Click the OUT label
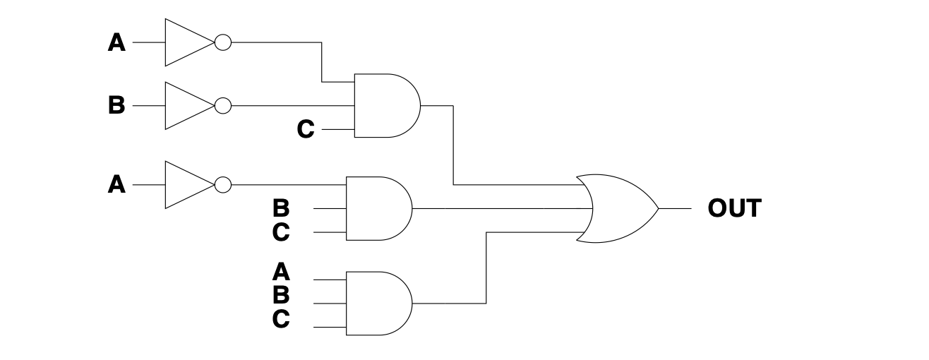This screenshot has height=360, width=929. point(734,209)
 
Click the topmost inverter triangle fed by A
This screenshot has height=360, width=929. point(186,42)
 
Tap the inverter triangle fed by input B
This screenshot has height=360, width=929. point(186,106)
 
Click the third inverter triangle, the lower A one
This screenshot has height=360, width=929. point(186,185)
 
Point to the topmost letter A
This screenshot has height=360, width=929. point(116,43)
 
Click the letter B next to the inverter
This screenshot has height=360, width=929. point(116,107)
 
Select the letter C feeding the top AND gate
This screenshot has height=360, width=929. point(305,130)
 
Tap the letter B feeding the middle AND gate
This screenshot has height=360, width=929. point(280,208)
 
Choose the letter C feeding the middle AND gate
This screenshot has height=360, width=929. point(280,232)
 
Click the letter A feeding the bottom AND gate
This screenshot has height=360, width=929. point(280,271)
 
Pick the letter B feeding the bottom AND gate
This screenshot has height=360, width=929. point(280,295)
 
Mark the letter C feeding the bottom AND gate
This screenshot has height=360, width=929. point(280,319)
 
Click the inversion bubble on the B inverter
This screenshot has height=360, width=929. point(222,106)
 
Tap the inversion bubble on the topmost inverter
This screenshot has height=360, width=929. point(222,42)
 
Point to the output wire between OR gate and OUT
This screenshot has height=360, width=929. point(675,209)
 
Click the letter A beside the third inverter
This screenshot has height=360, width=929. point(116,185)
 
